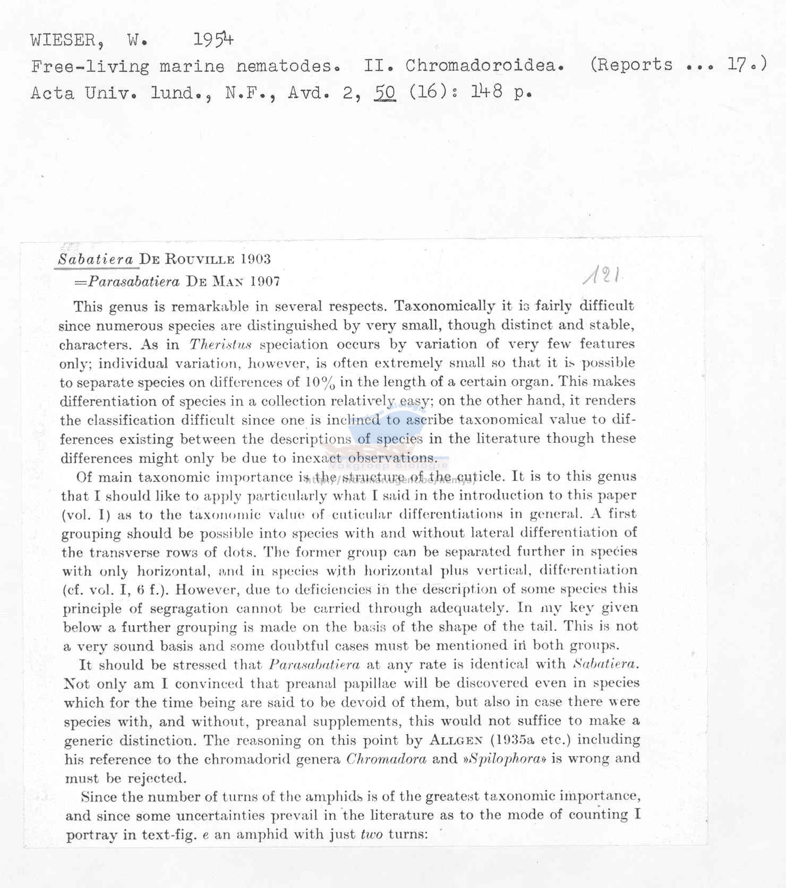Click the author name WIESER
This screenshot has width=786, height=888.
[x=63, y=40]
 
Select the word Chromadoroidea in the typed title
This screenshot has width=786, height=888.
[x=484, y=65]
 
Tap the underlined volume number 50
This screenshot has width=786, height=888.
[x=386, y=92]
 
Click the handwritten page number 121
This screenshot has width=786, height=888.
[x=602, y=275]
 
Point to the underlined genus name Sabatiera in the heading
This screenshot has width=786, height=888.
[x=96, y=260]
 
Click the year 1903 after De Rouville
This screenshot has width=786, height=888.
[x=255, y=259]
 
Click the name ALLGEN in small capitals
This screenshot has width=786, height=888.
[x=456, y=740]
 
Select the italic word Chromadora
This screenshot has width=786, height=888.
[x=386, y=759]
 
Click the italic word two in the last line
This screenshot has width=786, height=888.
[x=372, y=834]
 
